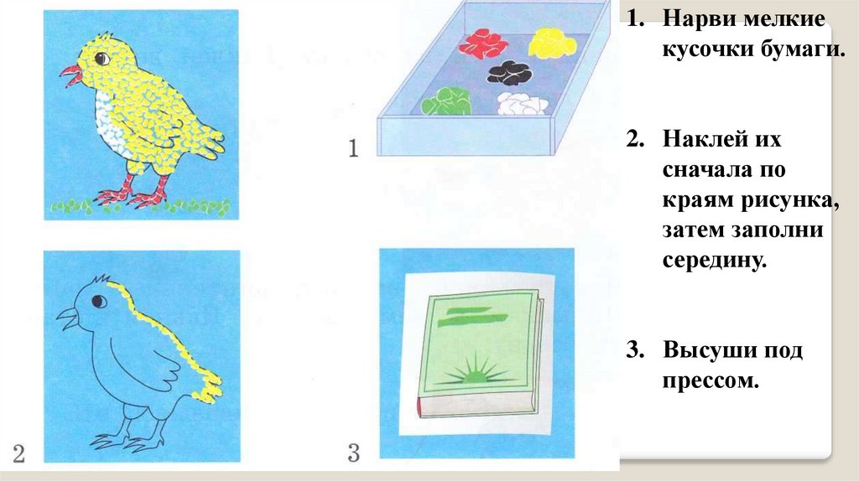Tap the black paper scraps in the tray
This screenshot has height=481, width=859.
point(510,73)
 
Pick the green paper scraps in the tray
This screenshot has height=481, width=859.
point(446,101)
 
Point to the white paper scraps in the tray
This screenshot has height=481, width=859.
point(522,103)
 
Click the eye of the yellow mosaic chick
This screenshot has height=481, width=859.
point(102,58)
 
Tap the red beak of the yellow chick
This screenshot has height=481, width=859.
point(72,75)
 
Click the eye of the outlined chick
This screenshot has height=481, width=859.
point(99,301)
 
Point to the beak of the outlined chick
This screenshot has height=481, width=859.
point(68,318)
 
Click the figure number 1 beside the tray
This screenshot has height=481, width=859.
point(353,148)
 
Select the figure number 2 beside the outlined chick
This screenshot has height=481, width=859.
point(18,453)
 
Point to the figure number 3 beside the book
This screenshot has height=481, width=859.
point(354,453)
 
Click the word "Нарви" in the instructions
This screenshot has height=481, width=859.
point(700,18)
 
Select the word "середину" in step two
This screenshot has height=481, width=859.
point(714,260)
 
